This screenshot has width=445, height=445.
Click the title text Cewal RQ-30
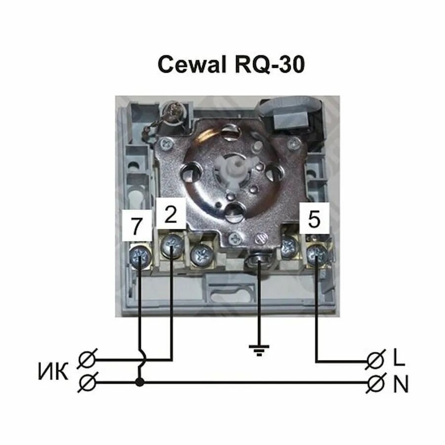pos(231,64)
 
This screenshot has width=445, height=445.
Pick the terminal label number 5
pos(314,219)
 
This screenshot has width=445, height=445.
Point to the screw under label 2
pos(172,243)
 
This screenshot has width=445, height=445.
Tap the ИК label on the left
pos(52,372)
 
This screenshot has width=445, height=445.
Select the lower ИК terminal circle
pos(87,382)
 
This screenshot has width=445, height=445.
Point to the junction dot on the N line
pos(140,382)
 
